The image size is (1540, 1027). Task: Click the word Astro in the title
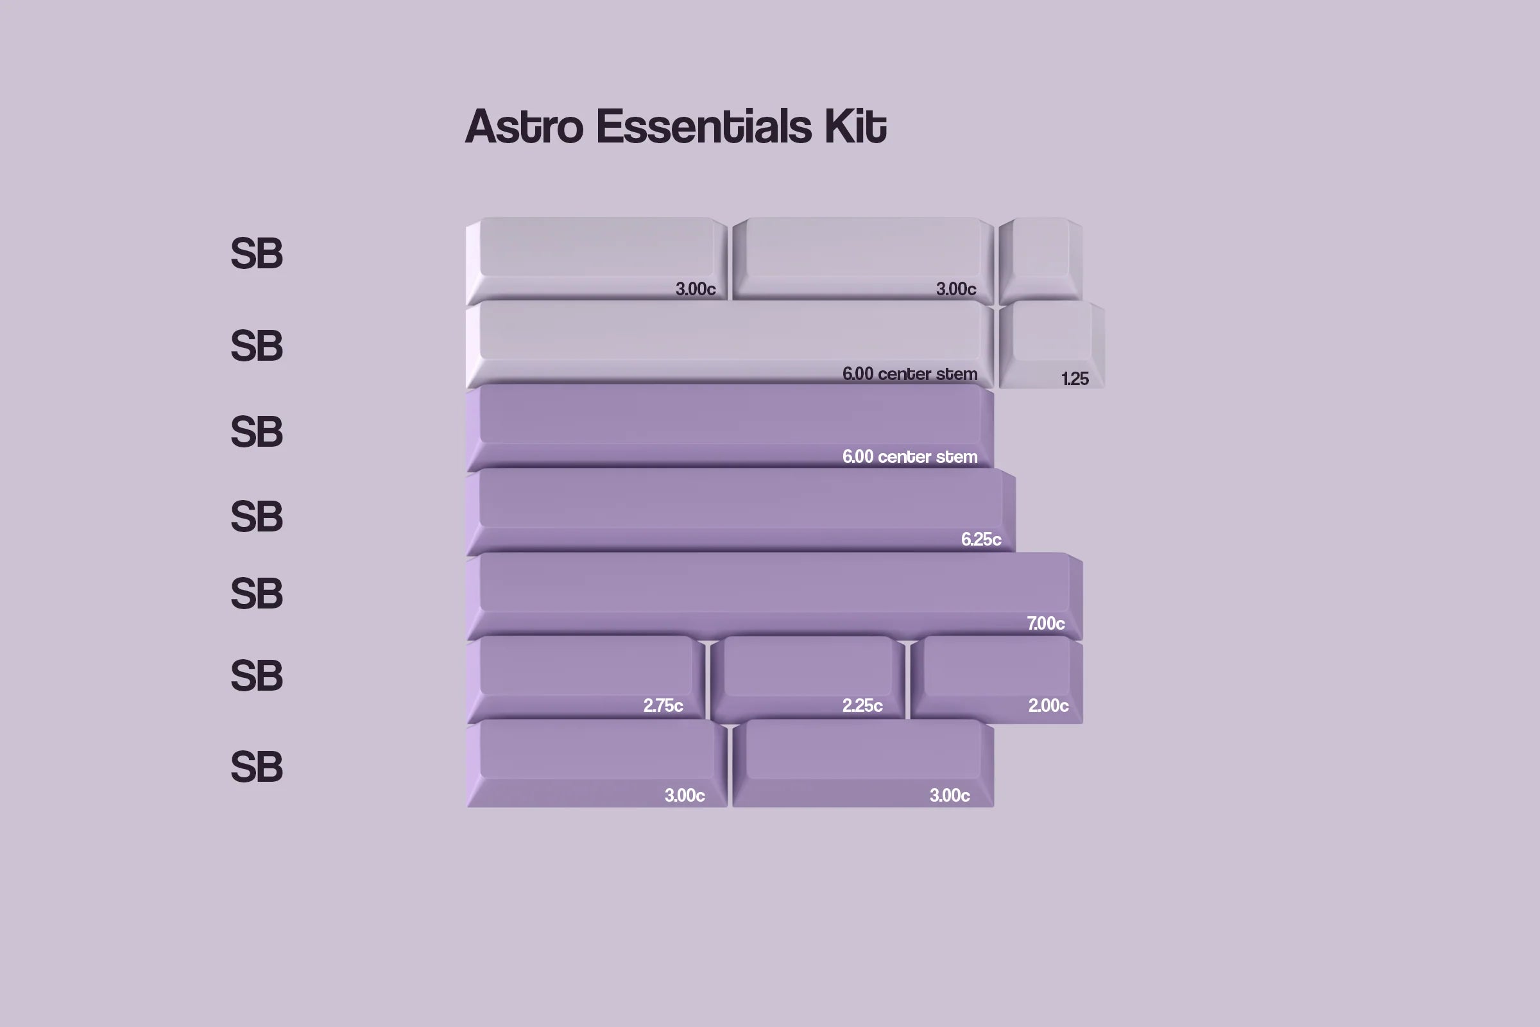(x=524, y=126)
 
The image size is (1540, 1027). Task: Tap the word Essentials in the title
(x=704, y=126)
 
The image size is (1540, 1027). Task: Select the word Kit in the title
(x=855, y=126)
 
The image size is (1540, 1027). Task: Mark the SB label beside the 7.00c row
(x=257, y=593)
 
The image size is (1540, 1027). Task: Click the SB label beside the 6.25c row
(x=257, y=516)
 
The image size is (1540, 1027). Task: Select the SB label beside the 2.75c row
(x=257, y=675)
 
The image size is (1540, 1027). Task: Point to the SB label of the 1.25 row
(x=257, y=345)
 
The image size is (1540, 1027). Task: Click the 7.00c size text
(x=1046, y=623)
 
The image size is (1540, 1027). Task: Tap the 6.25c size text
(x=981, y=539)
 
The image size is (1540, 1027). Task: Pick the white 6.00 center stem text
(x=909, y=456)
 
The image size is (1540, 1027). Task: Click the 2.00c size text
(x=1048, y=705)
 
